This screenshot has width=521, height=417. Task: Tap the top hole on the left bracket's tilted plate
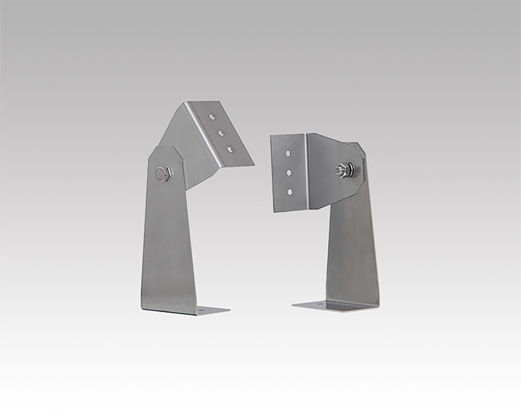(x=213, y=116)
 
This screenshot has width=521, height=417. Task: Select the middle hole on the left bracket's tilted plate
(x=222, y=132)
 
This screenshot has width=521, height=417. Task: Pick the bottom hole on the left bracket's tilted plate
(x=230, y=149)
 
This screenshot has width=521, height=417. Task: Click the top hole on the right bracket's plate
(x=290, y=154)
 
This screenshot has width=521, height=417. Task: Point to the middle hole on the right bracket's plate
(x=290, y=173)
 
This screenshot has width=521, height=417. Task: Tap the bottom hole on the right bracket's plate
(x=291, y=191)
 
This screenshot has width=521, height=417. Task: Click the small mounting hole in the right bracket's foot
(x=318, y=302)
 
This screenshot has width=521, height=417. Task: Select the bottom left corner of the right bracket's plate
(x=274, y=211)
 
